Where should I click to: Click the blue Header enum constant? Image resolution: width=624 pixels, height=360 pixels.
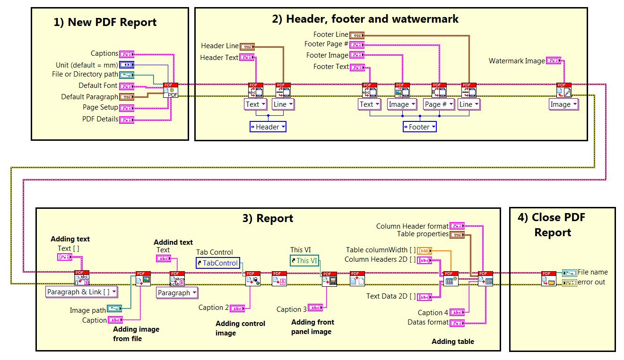tap(268, 127)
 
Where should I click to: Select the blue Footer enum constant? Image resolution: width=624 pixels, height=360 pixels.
tap(420, 127)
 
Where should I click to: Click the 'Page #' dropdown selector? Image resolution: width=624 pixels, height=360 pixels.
tap(438, 104)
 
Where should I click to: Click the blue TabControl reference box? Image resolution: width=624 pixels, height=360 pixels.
tap(218, 263)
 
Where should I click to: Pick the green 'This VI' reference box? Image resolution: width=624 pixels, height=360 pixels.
tap(304, 260)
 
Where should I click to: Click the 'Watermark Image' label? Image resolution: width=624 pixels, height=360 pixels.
tap(517, 61)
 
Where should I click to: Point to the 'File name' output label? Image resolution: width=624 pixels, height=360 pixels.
tap(592, 272)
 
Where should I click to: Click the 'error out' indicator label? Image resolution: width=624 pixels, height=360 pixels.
tap(591, 282)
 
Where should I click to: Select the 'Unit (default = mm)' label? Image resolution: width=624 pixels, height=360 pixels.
tap(87, 65)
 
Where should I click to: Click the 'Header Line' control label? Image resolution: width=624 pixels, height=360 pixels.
tap(220, 46)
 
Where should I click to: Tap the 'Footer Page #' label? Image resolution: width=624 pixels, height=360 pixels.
tap(326, 44)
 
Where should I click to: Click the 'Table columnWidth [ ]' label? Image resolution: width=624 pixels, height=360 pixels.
tap(381, 250)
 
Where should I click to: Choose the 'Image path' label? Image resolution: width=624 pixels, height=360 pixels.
tap(87, 310)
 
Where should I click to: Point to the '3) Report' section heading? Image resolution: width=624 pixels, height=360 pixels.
tap(268, 218)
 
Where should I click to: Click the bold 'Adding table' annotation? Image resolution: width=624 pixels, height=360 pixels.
tap(452, 342)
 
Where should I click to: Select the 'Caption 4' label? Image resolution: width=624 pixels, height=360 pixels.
tap(433, 313)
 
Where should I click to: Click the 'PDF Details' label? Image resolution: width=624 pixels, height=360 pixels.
tap(100, 119)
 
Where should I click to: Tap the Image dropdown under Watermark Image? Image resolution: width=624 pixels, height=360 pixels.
tap(563, 104)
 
